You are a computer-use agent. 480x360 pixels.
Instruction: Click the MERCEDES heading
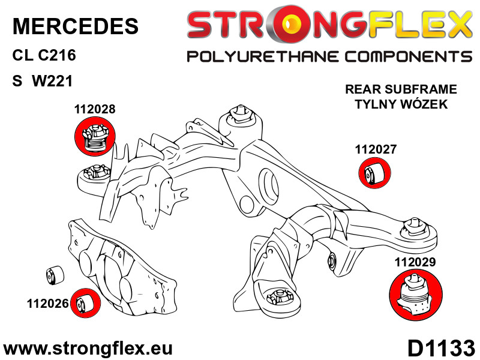tap(76, 26)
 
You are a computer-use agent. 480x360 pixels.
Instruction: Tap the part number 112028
tap(95, 109)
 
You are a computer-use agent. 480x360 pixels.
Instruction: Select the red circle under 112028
tap(95, 136)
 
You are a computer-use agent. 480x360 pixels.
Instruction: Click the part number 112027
tap(376, 149)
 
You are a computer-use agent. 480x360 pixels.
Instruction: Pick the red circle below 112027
tap(374, 173)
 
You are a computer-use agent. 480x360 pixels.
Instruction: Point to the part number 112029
tap(415, 262)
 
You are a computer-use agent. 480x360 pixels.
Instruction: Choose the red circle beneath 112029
tap(416, 295)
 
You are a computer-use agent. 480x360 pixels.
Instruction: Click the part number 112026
tap(47, 304)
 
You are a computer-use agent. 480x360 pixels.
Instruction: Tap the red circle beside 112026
tap(85, 304)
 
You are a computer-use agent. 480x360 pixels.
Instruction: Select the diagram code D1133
tap(441, 348)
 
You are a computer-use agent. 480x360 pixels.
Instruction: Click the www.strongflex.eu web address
tap(88, 349)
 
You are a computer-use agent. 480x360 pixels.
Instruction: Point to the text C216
tap(56, 55)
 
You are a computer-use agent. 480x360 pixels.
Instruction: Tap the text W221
tap(52, 81)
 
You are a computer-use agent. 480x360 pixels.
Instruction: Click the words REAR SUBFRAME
tap(401, 89)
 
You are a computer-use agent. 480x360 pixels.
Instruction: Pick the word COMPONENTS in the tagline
tap(409, 57)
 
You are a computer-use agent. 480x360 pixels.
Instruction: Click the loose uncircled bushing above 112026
tap(55, 275)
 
